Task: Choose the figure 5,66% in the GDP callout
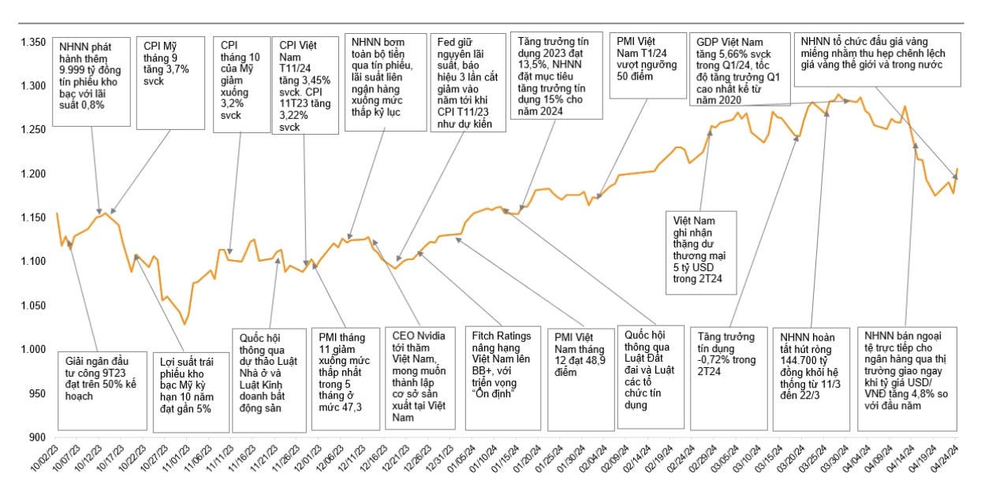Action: [x=728, y=55]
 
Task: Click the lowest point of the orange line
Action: [x=185, y=324]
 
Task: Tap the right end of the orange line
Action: [x=957, y=169]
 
